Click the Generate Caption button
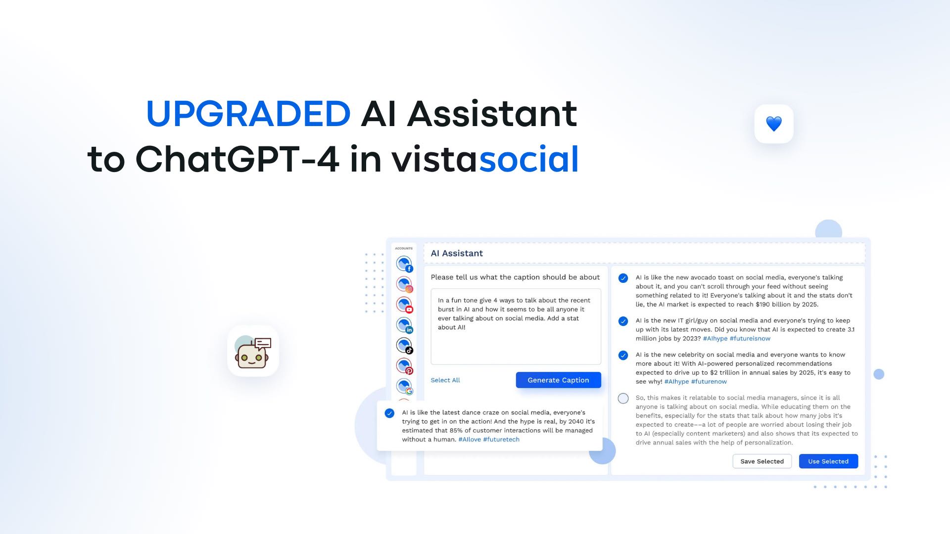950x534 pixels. point(558,380)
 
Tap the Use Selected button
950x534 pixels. point(828,461)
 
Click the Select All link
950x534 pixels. point(445,380)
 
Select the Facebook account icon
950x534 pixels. point(404,264)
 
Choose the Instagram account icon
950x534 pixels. point(404,284)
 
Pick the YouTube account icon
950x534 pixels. point(404,305)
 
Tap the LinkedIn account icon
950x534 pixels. point(404,325)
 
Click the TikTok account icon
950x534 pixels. point(404,345)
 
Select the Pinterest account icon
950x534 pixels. point(404,366)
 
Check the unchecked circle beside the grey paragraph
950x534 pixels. point(623,399)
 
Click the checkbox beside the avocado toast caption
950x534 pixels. point(623,278)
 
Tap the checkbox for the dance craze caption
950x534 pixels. point(390,413)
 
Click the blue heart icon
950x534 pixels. point(774,124)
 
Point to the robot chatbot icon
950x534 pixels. point(253,351)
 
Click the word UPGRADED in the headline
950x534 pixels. point(248,114)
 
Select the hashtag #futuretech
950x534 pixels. point(501,440)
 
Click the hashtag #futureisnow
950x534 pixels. point(750,339)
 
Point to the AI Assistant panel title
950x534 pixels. point(457,254)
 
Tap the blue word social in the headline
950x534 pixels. point(529,159)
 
